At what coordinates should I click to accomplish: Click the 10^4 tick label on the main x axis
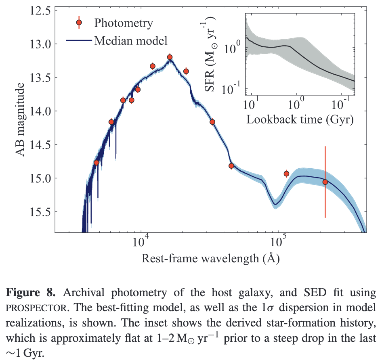click(x=141, y=243)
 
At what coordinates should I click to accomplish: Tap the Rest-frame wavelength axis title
click(x=210, y=258)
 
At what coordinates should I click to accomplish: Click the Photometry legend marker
click(x=79, y=23)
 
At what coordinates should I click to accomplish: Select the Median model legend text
click(x=130, y=40)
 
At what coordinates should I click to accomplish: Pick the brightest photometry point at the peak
click(x=170, y=57)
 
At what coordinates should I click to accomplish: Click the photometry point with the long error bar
click(x=325, y=182)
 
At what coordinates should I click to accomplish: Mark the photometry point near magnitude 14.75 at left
click(x=96, y=162)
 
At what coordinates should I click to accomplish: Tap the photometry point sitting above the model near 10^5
click(x=286, y=174)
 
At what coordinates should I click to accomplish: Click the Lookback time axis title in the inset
click(x=300, y=120)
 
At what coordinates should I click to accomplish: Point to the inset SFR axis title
click(x=213, y=55)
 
